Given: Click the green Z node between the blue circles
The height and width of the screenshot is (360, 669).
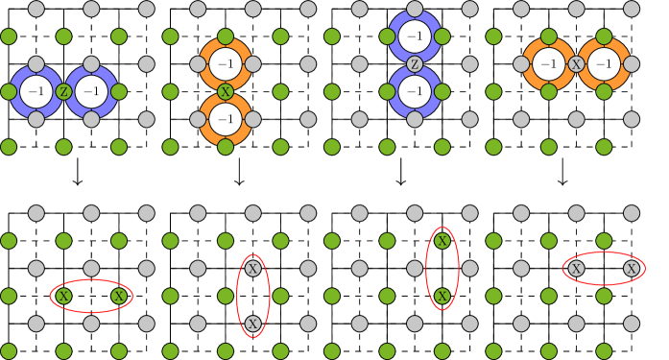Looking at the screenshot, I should (63, 92).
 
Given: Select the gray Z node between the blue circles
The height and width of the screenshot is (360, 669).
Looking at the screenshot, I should (415, 64).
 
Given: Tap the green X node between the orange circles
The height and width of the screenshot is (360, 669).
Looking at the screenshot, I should (226, 92).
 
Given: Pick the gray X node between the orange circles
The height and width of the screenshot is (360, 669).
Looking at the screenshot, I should (576, 64).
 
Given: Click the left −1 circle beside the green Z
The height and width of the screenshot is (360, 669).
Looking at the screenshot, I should (36, 92).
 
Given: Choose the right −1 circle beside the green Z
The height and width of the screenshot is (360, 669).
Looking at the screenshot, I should (91, 92).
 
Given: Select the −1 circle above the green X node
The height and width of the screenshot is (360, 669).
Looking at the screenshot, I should (226, 64).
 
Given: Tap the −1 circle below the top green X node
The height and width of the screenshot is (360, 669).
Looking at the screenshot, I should (226, 119).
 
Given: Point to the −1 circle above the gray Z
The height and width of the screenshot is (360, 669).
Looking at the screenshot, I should (415, 37).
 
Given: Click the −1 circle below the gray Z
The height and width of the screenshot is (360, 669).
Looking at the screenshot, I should (415, 92).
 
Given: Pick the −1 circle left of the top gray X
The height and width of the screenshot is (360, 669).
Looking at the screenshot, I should (548, 64).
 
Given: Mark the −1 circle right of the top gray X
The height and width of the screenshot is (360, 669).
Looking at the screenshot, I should (603, 64).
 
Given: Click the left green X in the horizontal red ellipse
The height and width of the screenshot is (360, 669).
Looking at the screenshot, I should (63, 297).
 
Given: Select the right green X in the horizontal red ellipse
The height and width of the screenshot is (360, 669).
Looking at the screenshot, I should (118, 297).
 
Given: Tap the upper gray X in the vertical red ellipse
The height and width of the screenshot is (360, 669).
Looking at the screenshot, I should (252, 269).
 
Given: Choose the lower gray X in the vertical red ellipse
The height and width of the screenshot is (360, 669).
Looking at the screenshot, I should (252, 324).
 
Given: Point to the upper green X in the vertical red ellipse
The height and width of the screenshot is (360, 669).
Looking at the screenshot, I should (442, 241).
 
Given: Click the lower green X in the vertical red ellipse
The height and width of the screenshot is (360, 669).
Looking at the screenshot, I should (442, 297).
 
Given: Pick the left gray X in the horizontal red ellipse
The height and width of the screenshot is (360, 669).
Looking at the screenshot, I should (576, 269).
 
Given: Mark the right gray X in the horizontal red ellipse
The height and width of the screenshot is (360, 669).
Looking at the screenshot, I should (631, 269).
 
